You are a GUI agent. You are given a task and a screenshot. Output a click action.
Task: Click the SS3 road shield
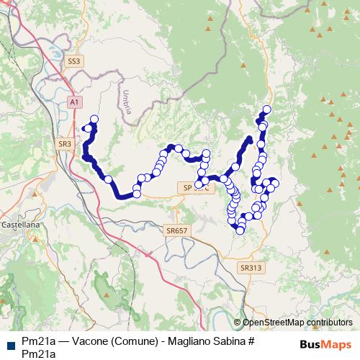click(x=74, y=62)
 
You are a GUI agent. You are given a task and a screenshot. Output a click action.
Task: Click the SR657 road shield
click(x=176, y=231)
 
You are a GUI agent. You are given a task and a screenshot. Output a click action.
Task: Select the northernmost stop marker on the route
click(x=267, y=109)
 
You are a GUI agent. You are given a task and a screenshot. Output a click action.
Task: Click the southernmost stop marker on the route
click(x=240, y=230)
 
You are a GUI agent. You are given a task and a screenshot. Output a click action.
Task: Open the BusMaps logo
click(x=325, y=344)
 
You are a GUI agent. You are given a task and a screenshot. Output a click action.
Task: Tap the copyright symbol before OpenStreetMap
click(x=238, y=323)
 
